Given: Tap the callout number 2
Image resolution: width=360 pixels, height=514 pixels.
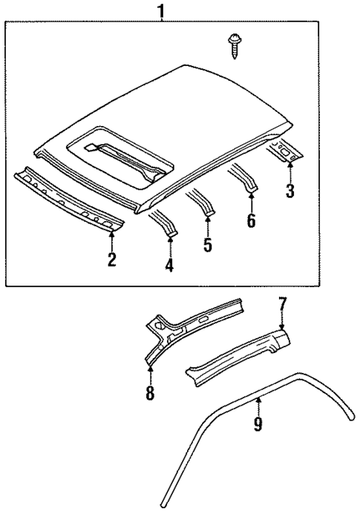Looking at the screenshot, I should pyautogui.click(x=111, y=259).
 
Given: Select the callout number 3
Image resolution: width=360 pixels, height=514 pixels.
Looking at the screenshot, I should pyautogui.click(x=290, y=191).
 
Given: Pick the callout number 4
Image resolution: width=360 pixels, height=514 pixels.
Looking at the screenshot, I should pyautogui.click(x=170, y=265).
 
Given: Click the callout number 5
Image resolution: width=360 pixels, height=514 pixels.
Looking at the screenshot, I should pyautogui.click(x=208, y=244).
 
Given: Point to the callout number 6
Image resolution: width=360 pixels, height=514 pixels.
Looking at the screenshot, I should pyautogui.click(x=251, y=220).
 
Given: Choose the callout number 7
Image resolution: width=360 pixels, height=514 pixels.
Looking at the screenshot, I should pyautogui.click(x=282, y=303).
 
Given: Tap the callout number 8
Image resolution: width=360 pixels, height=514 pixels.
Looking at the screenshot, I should pyautogui.click(x=150, y=392).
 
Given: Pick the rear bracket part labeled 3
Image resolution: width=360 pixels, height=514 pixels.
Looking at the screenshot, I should pyautogui.click(x=287, y=151).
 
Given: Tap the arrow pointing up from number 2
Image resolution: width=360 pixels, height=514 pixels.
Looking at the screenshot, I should pyautogui.click(x=111, y=240).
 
